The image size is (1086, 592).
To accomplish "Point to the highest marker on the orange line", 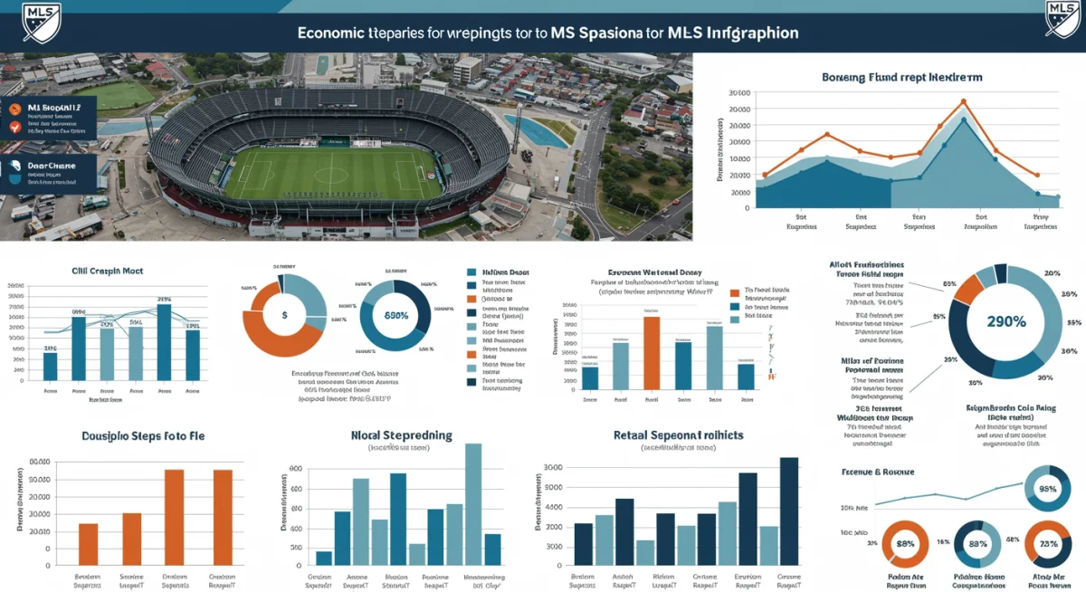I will pos(964,102).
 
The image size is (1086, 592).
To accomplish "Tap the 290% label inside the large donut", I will pos(1005,321).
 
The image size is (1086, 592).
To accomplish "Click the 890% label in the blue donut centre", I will pos(395,315).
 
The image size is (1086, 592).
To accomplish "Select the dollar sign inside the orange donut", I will pos(284,316).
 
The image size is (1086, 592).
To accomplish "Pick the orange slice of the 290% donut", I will pos(969,289).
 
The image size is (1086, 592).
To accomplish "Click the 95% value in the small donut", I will pos(1048,489).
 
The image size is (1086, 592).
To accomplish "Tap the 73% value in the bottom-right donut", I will pos(1049,545).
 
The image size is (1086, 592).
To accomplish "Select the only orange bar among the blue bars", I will pos(652,353).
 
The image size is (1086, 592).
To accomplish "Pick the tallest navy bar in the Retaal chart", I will pos(789,511).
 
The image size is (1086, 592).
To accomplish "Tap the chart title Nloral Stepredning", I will pos(401,435).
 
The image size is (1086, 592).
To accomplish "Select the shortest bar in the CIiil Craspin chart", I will pos(51,367).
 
